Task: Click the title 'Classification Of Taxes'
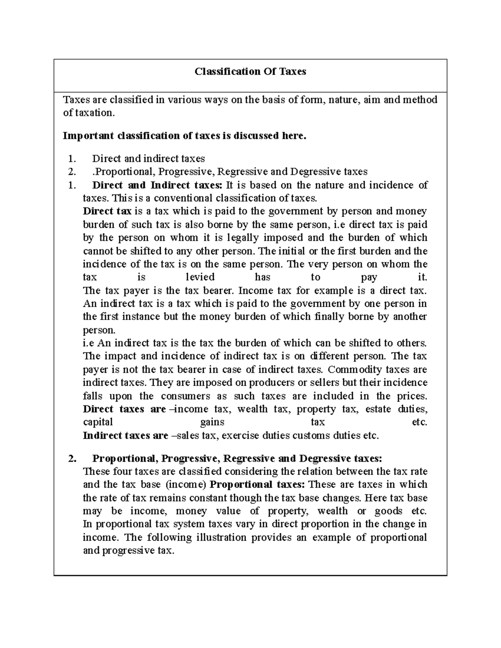click(x=250, y=72)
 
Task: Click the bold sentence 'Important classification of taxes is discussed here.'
click(x=184, y=136)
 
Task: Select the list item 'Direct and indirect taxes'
click(x=148, y=159)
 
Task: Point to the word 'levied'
click(x=200, y=277)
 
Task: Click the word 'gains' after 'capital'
click(x=212, y=422)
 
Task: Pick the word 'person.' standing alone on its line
click(x=99, y=330)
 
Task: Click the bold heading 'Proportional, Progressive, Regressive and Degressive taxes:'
click(x=237, y=459)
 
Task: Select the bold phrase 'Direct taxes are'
click(x=124, y=409)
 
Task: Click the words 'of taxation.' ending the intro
click(x=88, y=113)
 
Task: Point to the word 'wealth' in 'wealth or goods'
click(x=332, y=511)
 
